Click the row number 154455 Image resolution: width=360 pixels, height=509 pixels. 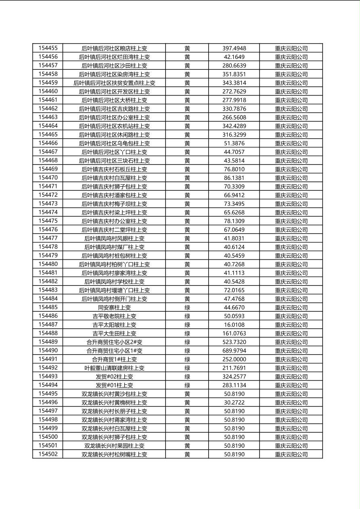(48, 48)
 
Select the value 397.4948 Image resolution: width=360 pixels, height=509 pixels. (234, 48)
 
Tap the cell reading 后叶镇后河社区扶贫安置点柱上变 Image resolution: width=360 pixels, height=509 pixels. (114, 83)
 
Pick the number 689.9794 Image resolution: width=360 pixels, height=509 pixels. (234, 351)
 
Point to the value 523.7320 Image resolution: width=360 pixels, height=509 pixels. (234, 342)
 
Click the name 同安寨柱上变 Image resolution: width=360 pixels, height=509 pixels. (114, 308)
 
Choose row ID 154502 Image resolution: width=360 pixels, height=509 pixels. (48, 454)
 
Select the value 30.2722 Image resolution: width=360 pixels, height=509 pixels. (234, 403)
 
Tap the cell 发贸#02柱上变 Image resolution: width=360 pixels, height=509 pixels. (114, 377)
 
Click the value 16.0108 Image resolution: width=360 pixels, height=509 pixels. (234, 325)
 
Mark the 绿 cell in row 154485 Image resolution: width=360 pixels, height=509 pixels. (187, 308)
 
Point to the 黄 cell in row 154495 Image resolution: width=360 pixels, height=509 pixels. (187, 394)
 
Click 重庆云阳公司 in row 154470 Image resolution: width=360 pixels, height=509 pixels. (291, 178)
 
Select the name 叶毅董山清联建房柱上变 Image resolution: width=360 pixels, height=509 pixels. (114, 368)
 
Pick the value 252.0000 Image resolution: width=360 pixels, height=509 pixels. (234, 359)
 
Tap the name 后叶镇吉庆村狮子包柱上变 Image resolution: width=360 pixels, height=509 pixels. (114, 187)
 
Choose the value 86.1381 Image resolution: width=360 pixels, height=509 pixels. (234, 178)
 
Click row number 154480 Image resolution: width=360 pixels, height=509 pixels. (48, 264)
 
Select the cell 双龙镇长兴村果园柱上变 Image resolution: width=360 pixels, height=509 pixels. (114, 446)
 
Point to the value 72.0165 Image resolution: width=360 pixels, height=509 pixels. (234, 290)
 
